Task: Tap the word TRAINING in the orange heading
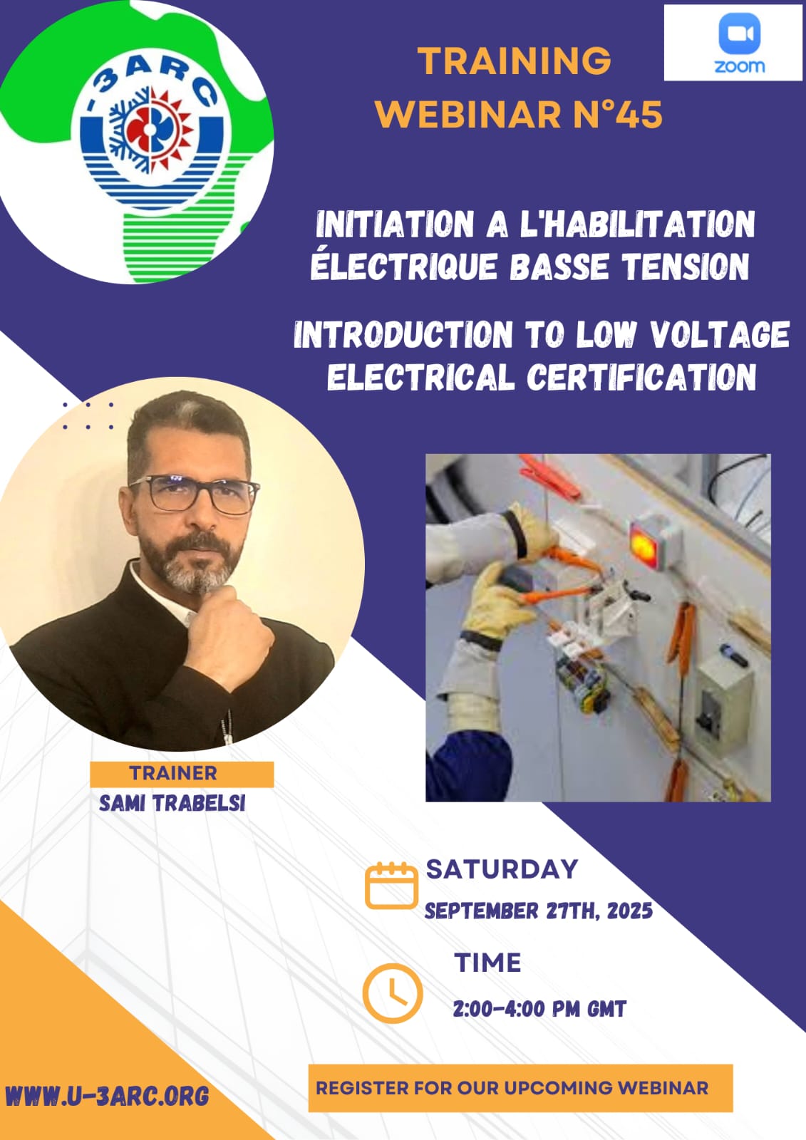(514, 61)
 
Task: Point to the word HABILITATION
(637, 224)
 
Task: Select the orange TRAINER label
(182, 774)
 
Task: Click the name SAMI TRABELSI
(172, 803)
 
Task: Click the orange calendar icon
(391, 885)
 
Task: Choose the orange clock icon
(392, 993)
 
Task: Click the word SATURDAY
(502, 869)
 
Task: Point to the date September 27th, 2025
(539, 911)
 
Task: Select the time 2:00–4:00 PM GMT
(539, 1009)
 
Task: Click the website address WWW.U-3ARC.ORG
(108, 1096)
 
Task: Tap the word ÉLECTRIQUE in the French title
(403, 266)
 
